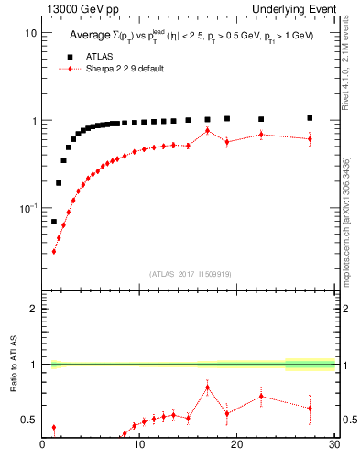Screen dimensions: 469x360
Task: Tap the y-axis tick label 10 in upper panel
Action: pos(30,33)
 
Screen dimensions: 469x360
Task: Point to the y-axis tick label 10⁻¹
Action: pos(27,209)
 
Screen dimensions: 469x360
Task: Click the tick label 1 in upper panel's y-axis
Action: pos(33,121)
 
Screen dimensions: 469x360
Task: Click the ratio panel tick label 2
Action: pos(33,309)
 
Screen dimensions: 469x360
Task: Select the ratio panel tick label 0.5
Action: pos(29,420)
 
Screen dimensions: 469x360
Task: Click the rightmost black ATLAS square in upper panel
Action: pos(310,118)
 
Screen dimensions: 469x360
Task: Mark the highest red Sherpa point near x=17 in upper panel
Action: pos(208,130)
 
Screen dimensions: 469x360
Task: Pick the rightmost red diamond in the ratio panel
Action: pos(310,409)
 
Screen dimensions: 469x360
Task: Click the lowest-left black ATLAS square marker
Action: pos(54,222)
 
